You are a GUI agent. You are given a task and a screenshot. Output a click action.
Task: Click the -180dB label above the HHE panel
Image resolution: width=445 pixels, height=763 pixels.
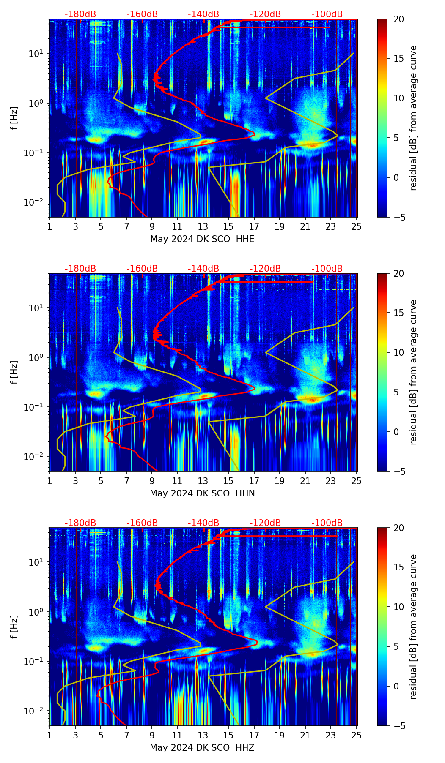point(80,14)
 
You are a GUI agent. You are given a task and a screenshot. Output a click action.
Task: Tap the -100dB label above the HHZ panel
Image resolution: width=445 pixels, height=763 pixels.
point(327,523)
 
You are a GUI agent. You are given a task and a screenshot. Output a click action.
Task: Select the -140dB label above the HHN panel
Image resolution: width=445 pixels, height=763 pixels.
point(203,269)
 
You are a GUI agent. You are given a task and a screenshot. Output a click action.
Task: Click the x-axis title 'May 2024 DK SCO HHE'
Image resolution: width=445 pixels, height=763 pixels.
point(202,239)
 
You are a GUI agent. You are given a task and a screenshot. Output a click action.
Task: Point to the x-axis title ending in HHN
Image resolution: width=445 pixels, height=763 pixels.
point(202,493)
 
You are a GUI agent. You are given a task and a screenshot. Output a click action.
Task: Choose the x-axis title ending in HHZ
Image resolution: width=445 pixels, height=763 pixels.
point(202,748)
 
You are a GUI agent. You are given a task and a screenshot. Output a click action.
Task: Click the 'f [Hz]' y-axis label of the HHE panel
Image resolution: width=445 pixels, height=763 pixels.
point(15,118)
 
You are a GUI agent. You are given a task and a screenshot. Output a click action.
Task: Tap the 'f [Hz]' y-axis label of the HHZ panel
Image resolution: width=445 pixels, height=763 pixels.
point(15,627)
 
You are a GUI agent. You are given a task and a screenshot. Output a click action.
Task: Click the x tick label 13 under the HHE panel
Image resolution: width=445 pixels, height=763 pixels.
point(203,226)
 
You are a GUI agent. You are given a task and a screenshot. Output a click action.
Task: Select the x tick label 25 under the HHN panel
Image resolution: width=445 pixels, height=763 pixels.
point(357,480)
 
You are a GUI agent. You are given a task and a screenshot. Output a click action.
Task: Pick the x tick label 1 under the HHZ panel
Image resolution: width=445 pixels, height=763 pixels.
point(49,735)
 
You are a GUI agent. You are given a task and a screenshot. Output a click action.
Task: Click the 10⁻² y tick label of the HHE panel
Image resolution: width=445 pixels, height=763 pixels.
point(36,203)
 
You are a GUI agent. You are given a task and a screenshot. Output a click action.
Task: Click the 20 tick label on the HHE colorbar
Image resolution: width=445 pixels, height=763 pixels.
point(399,19)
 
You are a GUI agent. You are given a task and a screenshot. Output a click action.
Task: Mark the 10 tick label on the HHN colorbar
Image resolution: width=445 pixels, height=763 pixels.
point(399,352)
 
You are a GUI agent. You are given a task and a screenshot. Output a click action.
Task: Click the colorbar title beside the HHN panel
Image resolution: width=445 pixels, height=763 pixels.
point(414,372)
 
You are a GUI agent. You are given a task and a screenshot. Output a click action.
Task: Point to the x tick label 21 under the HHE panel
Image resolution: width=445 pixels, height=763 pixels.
point(305,226)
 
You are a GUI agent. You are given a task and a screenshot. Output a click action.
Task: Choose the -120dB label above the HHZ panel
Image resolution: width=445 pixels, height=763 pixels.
point(265,523)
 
